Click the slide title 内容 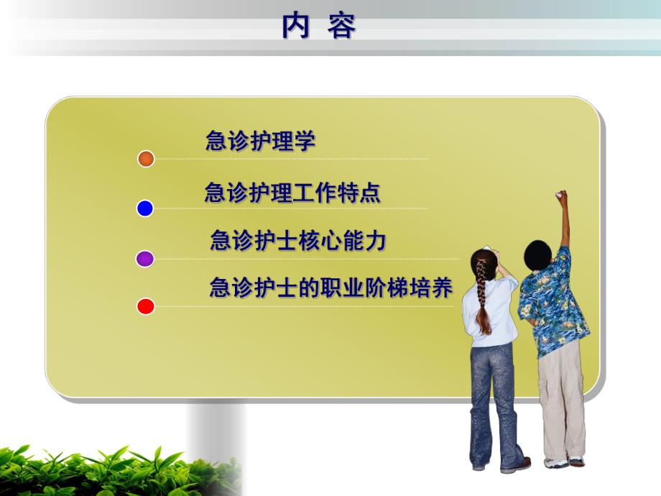click(x=319, y=27)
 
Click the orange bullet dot click(x=146, y=159)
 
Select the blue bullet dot click(x=145, y=208)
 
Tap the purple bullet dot click(x=145, y=259)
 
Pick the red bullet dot click(x=145, y=307)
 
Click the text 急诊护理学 click(x=260, y=141)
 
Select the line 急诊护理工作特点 click(x=292, y=193)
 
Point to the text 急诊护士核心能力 click(x=298, y=241)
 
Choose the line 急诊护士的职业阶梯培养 click(x=330, y=288)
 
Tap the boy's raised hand click(x=560, y=198)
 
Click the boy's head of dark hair click(x=537, y=254)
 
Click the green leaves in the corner click(x=108, y=471)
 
